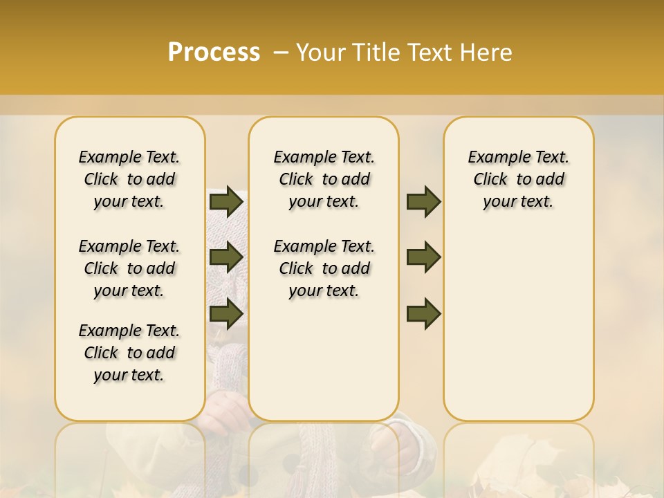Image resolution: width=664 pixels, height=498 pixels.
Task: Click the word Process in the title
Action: pyautogui.click(x=214, y=53)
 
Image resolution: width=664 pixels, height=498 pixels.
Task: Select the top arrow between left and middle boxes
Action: pyautogui.click(x=225, y=202)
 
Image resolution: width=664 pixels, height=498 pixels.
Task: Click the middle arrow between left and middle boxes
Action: pyautogui.click(x=225, y=257)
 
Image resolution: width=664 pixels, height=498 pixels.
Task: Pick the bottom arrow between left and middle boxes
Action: pyautogui.click(x=225, y=313)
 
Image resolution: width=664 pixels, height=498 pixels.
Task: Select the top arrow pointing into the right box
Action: pyautogui.click(x=423, y=202)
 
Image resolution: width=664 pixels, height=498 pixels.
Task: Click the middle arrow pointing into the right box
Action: pyautogui.click(x=423, y=257)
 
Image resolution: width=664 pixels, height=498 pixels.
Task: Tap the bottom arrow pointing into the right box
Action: pyautogui.click(x=423, y=313)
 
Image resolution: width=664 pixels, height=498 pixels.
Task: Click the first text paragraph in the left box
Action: pyautogui.click(x=129, y=179)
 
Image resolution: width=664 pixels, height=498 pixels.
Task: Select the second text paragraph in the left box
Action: pyautogui.click(x=129, y=268)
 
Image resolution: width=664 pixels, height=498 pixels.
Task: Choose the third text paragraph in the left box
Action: pyautogui.click(x=129, y=353)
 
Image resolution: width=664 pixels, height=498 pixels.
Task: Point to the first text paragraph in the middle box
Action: pyautogui.click(x=324, y=179)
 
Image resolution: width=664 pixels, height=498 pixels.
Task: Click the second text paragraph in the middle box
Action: pyautogui.click(x=324, y=268)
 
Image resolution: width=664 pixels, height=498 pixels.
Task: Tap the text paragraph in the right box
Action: pyautogui.click(x=518, y=179)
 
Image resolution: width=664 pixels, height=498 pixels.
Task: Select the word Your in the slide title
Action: pyautogui.click(x=319, y=53)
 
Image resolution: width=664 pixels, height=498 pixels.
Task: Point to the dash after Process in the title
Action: pyautogui.click(x=281, y=53)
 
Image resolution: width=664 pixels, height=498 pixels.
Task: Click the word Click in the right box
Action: pyautogui.click(x=490, y=180)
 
